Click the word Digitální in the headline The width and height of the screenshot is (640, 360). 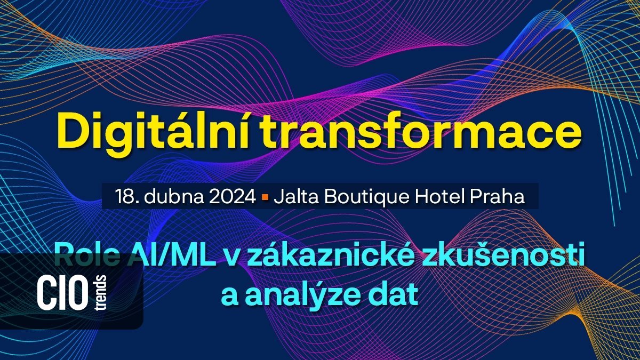tap(137, 131)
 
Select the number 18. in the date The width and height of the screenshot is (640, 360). tap(125, 196)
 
